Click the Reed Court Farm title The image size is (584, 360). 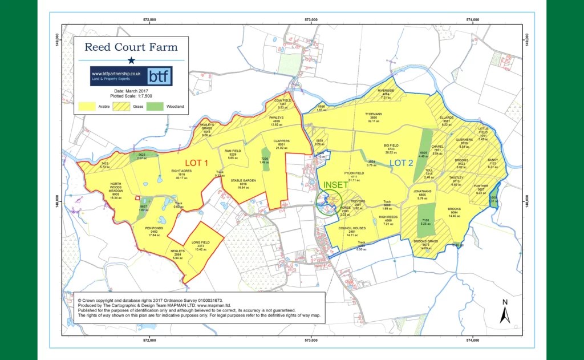point(131,47)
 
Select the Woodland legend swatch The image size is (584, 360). point(154,106)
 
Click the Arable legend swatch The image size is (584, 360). point(86,106)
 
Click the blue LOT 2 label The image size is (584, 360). point(403,163)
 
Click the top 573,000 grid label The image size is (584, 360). point(311,20)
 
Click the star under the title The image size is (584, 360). point(131,60)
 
